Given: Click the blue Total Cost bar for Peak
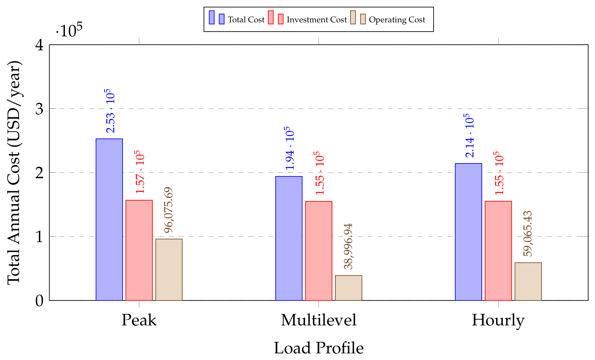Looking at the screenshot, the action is point(109,219).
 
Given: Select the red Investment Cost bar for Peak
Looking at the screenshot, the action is point(139,250).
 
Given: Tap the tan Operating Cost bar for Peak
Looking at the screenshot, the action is point(169,270).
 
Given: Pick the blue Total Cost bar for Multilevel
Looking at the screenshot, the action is point(289,238).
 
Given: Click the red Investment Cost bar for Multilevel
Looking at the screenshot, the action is point(319,251).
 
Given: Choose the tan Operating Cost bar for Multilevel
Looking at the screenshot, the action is point(349,288).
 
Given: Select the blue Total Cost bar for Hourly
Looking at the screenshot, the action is point(468,232).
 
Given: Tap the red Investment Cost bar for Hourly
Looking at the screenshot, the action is point(498,251).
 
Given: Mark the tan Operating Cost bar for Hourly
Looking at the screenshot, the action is point(528,281).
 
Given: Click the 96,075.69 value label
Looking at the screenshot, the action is point(169,210).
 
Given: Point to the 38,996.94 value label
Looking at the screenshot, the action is point(348,246).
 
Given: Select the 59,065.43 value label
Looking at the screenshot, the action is point(528,234).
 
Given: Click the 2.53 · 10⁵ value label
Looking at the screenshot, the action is point(110,111).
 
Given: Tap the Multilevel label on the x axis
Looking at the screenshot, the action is point(319,320).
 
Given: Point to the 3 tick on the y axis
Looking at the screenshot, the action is point(39,109).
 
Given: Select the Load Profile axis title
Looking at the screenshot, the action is point(319,348).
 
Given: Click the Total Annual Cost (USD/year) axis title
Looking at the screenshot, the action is point(14,173).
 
